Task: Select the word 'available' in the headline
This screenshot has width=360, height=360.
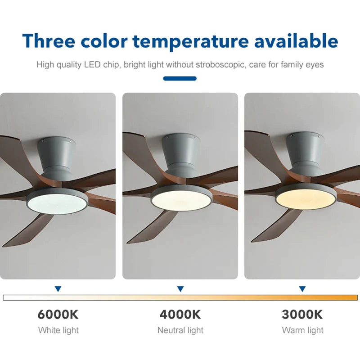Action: click(296, 41)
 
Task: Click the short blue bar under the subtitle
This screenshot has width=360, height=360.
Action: click(180, 78)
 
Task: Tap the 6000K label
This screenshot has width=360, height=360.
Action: click(58, 314)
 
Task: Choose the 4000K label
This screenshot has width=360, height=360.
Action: click(180, 314)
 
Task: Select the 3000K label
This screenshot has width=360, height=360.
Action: click(302, 314)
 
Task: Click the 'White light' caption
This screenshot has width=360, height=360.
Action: click(58, 330)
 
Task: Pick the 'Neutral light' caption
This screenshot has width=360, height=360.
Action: click(180, 330)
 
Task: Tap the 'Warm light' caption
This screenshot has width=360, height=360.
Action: click(302, 330)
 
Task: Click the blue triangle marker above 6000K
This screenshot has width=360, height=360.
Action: click(58, 289)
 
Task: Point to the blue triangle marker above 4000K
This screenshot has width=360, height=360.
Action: click(180, 289)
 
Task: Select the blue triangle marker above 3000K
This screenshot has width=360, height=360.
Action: click(302, 289)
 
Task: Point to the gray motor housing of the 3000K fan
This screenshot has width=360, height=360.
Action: click(303, 153)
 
